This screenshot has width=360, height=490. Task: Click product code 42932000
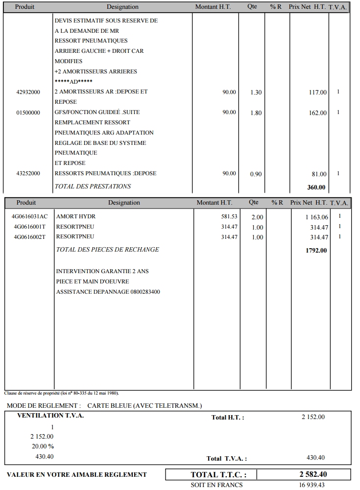pos(28,92)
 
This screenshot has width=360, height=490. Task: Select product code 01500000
pos(28,113)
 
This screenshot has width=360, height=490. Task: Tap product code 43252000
pos(28,173)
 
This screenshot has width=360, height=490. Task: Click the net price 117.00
pos(317,93)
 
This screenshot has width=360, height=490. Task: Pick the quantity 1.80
pos(256,113)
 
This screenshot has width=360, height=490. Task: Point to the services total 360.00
pos(316,187)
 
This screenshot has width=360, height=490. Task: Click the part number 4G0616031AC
pos(29,216)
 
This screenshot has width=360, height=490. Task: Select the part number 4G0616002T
pos(29,237)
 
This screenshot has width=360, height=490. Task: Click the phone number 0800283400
pos(145,292)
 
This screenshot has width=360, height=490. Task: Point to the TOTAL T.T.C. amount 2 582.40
pos(313,474)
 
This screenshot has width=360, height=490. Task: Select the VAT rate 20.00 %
pos(43,446)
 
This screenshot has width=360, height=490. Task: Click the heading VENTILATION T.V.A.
pos(50,416)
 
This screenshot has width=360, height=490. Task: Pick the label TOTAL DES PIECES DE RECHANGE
pos(107,250)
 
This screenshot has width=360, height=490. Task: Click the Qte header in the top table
pos(252,7)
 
